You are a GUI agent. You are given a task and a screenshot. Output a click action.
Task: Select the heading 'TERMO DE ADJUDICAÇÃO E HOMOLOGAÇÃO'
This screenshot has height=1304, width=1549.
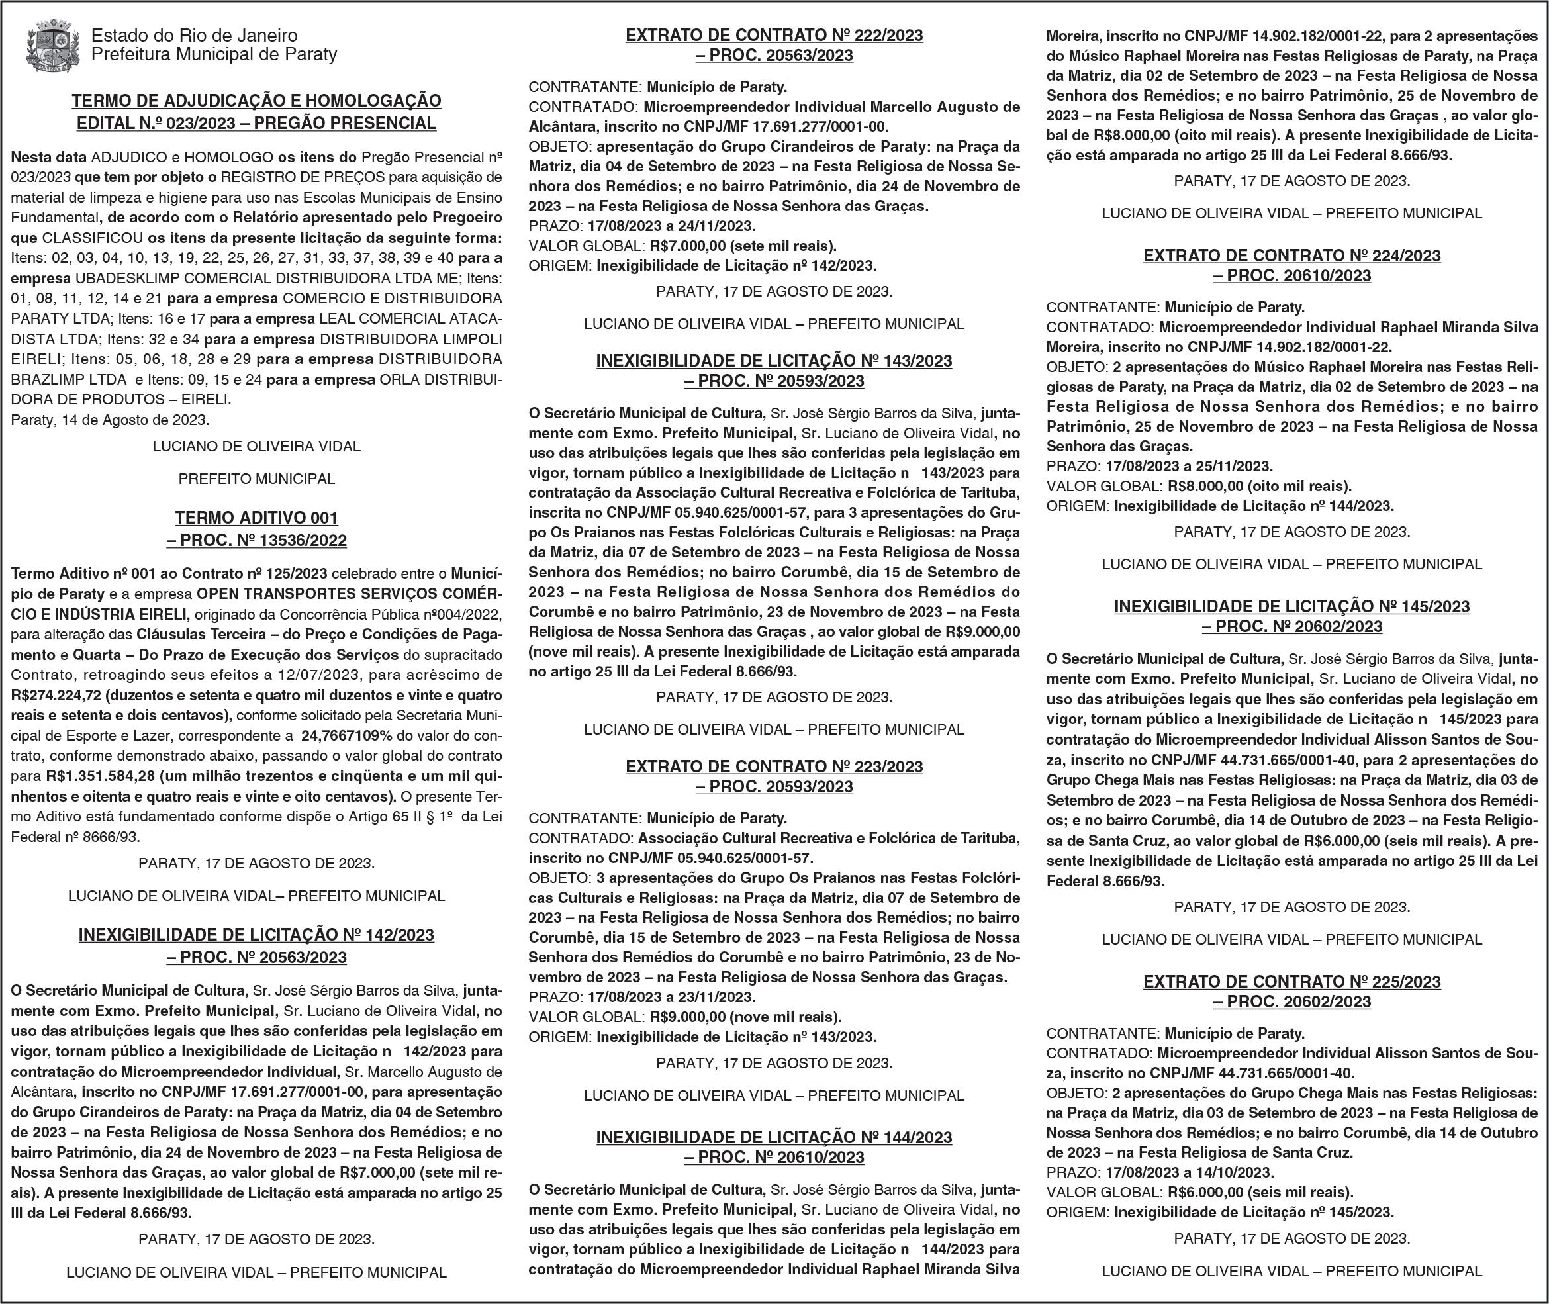click(257, 101)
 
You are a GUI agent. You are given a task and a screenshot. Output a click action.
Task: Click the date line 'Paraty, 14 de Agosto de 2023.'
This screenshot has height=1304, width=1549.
click(110, 420)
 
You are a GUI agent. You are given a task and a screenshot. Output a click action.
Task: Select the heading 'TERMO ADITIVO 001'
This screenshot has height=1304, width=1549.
click(257, 518)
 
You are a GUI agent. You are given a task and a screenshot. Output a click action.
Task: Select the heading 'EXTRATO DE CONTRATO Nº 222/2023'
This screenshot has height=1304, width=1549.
click(774, 34)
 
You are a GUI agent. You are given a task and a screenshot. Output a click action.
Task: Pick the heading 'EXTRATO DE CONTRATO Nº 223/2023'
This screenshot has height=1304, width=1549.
click(774, 767)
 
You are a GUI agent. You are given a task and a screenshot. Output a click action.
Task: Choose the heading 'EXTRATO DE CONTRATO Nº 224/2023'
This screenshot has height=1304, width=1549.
click(1291, 256)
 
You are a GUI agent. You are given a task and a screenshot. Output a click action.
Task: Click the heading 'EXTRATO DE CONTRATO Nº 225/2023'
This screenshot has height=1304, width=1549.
click(1291, 982)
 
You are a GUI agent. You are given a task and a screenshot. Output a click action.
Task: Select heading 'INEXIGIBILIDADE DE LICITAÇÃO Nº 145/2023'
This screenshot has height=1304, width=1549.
click(1291, 606)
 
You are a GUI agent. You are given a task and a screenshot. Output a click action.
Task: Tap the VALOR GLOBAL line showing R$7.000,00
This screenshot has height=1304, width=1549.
click(682, 246)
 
